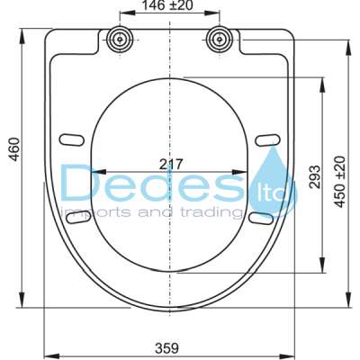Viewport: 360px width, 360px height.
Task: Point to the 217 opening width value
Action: (170, 164)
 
